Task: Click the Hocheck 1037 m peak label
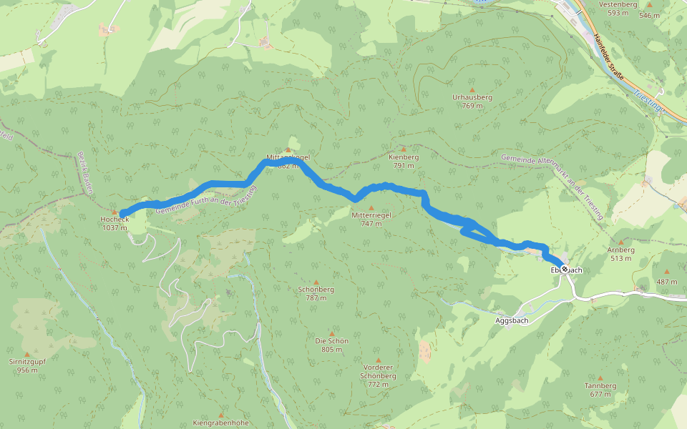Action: point(114,223)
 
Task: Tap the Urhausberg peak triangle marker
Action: point(472,89)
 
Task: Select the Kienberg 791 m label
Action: point(403,161)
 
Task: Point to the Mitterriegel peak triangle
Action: point(371,207)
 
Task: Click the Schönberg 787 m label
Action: point(316,294)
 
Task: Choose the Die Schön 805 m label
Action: point(331,345)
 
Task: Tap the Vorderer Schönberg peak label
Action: point(378,375)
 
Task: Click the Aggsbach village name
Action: point(512,321)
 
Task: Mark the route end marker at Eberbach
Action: point(565,269)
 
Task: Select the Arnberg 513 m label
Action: point(620,254)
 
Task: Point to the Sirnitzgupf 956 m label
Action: point(27,366)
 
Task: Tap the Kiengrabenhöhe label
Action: point(220,423)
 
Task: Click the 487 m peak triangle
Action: point(667,272)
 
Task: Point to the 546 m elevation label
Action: point(649,15)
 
